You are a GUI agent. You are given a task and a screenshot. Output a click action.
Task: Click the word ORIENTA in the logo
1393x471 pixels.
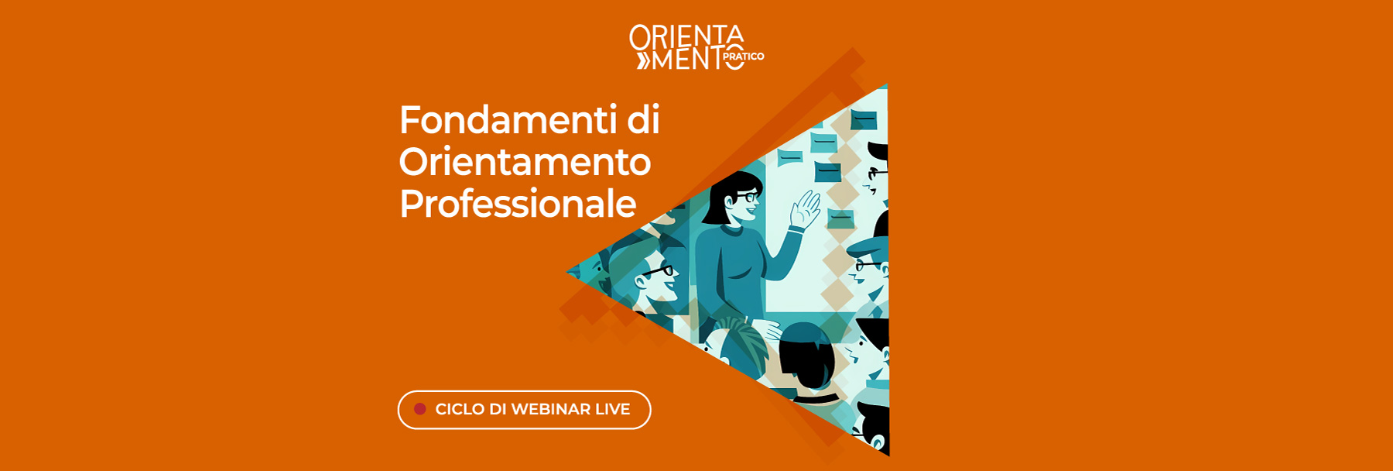686,36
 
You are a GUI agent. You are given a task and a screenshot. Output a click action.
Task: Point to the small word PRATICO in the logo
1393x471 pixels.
744,57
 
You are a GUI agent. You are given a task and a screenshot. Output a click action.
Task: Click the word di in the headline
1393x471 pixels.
643,120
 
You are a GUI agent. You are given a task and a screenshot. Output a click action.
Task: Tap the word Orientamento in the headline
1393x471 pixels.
525,162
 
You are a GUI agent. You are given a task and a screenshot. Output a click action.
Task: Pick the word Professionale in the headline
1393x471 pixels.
518,204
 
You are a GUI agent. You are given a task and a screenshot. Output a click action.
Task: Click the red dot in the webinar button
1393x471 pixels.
419,409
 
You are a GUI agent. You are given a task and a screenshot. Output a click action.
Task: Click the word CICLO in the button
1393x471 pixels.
460,409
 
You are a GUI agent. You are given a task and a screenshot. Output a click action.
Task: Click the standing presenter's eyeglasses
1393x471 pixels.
745,198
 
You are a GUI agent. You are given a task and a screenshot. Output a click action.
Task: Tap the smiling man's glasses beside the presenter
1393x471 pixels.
659,271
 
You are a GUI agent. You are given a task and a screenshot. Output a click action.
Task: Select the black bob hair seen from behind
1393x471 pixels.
805,352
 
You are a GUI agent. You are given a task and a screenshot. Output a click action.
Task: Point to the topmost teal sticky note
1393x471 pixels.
864,119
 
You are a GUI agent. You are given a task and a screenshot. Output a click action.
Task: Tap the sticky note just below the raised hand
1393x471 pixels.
840,218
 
